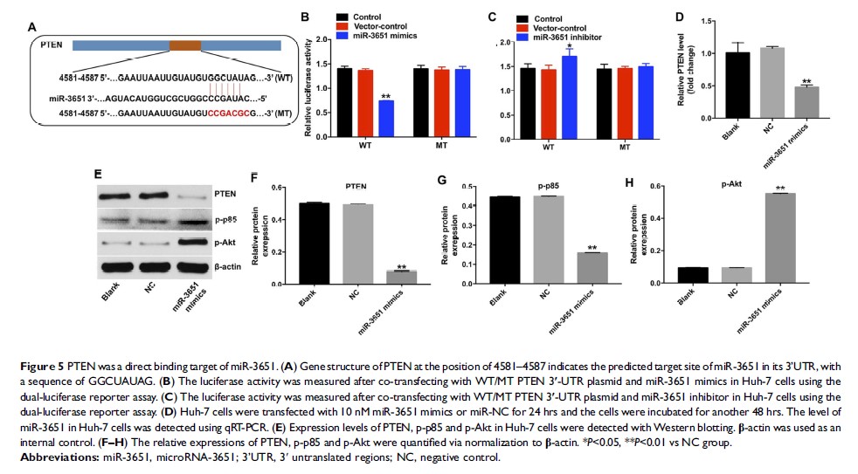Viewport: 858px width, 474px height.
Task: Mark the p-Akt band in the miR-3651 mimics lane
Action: click(197, 242)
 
